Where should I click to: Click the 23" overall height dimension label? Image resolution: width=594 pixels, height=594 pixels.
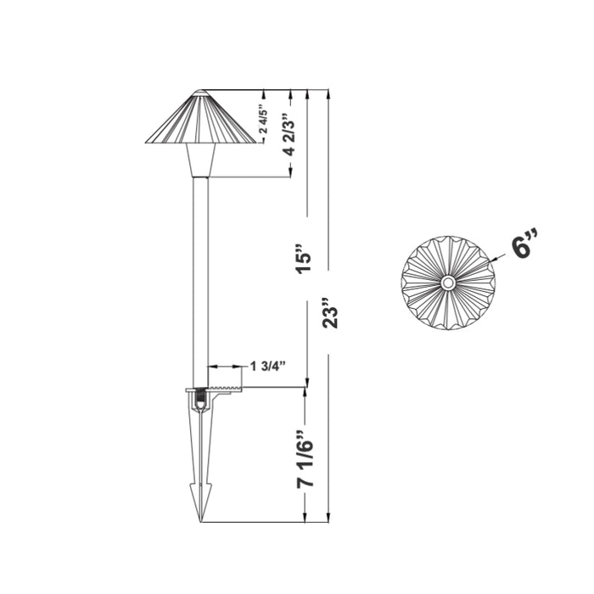(x=330, y=311)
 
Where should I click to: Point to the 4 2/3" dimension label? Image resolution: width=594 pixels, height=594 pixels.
(x=289, y=133)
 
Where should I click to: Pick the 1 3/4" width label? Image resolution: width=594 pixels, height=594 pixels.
(x=267, y=366)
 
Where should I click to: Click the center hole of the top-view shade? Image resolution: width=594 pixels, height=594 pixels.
(x=447, y=282)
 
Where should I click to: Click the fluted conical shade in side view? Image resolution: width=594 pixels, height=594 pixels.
(x=200, y=119)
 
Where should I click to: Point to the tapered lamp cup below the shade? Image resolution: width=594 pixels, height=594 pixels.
(x=200, y=160)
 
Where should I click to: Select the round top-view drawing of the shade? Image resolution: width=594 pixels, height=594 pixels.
(x=447, y=282)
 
